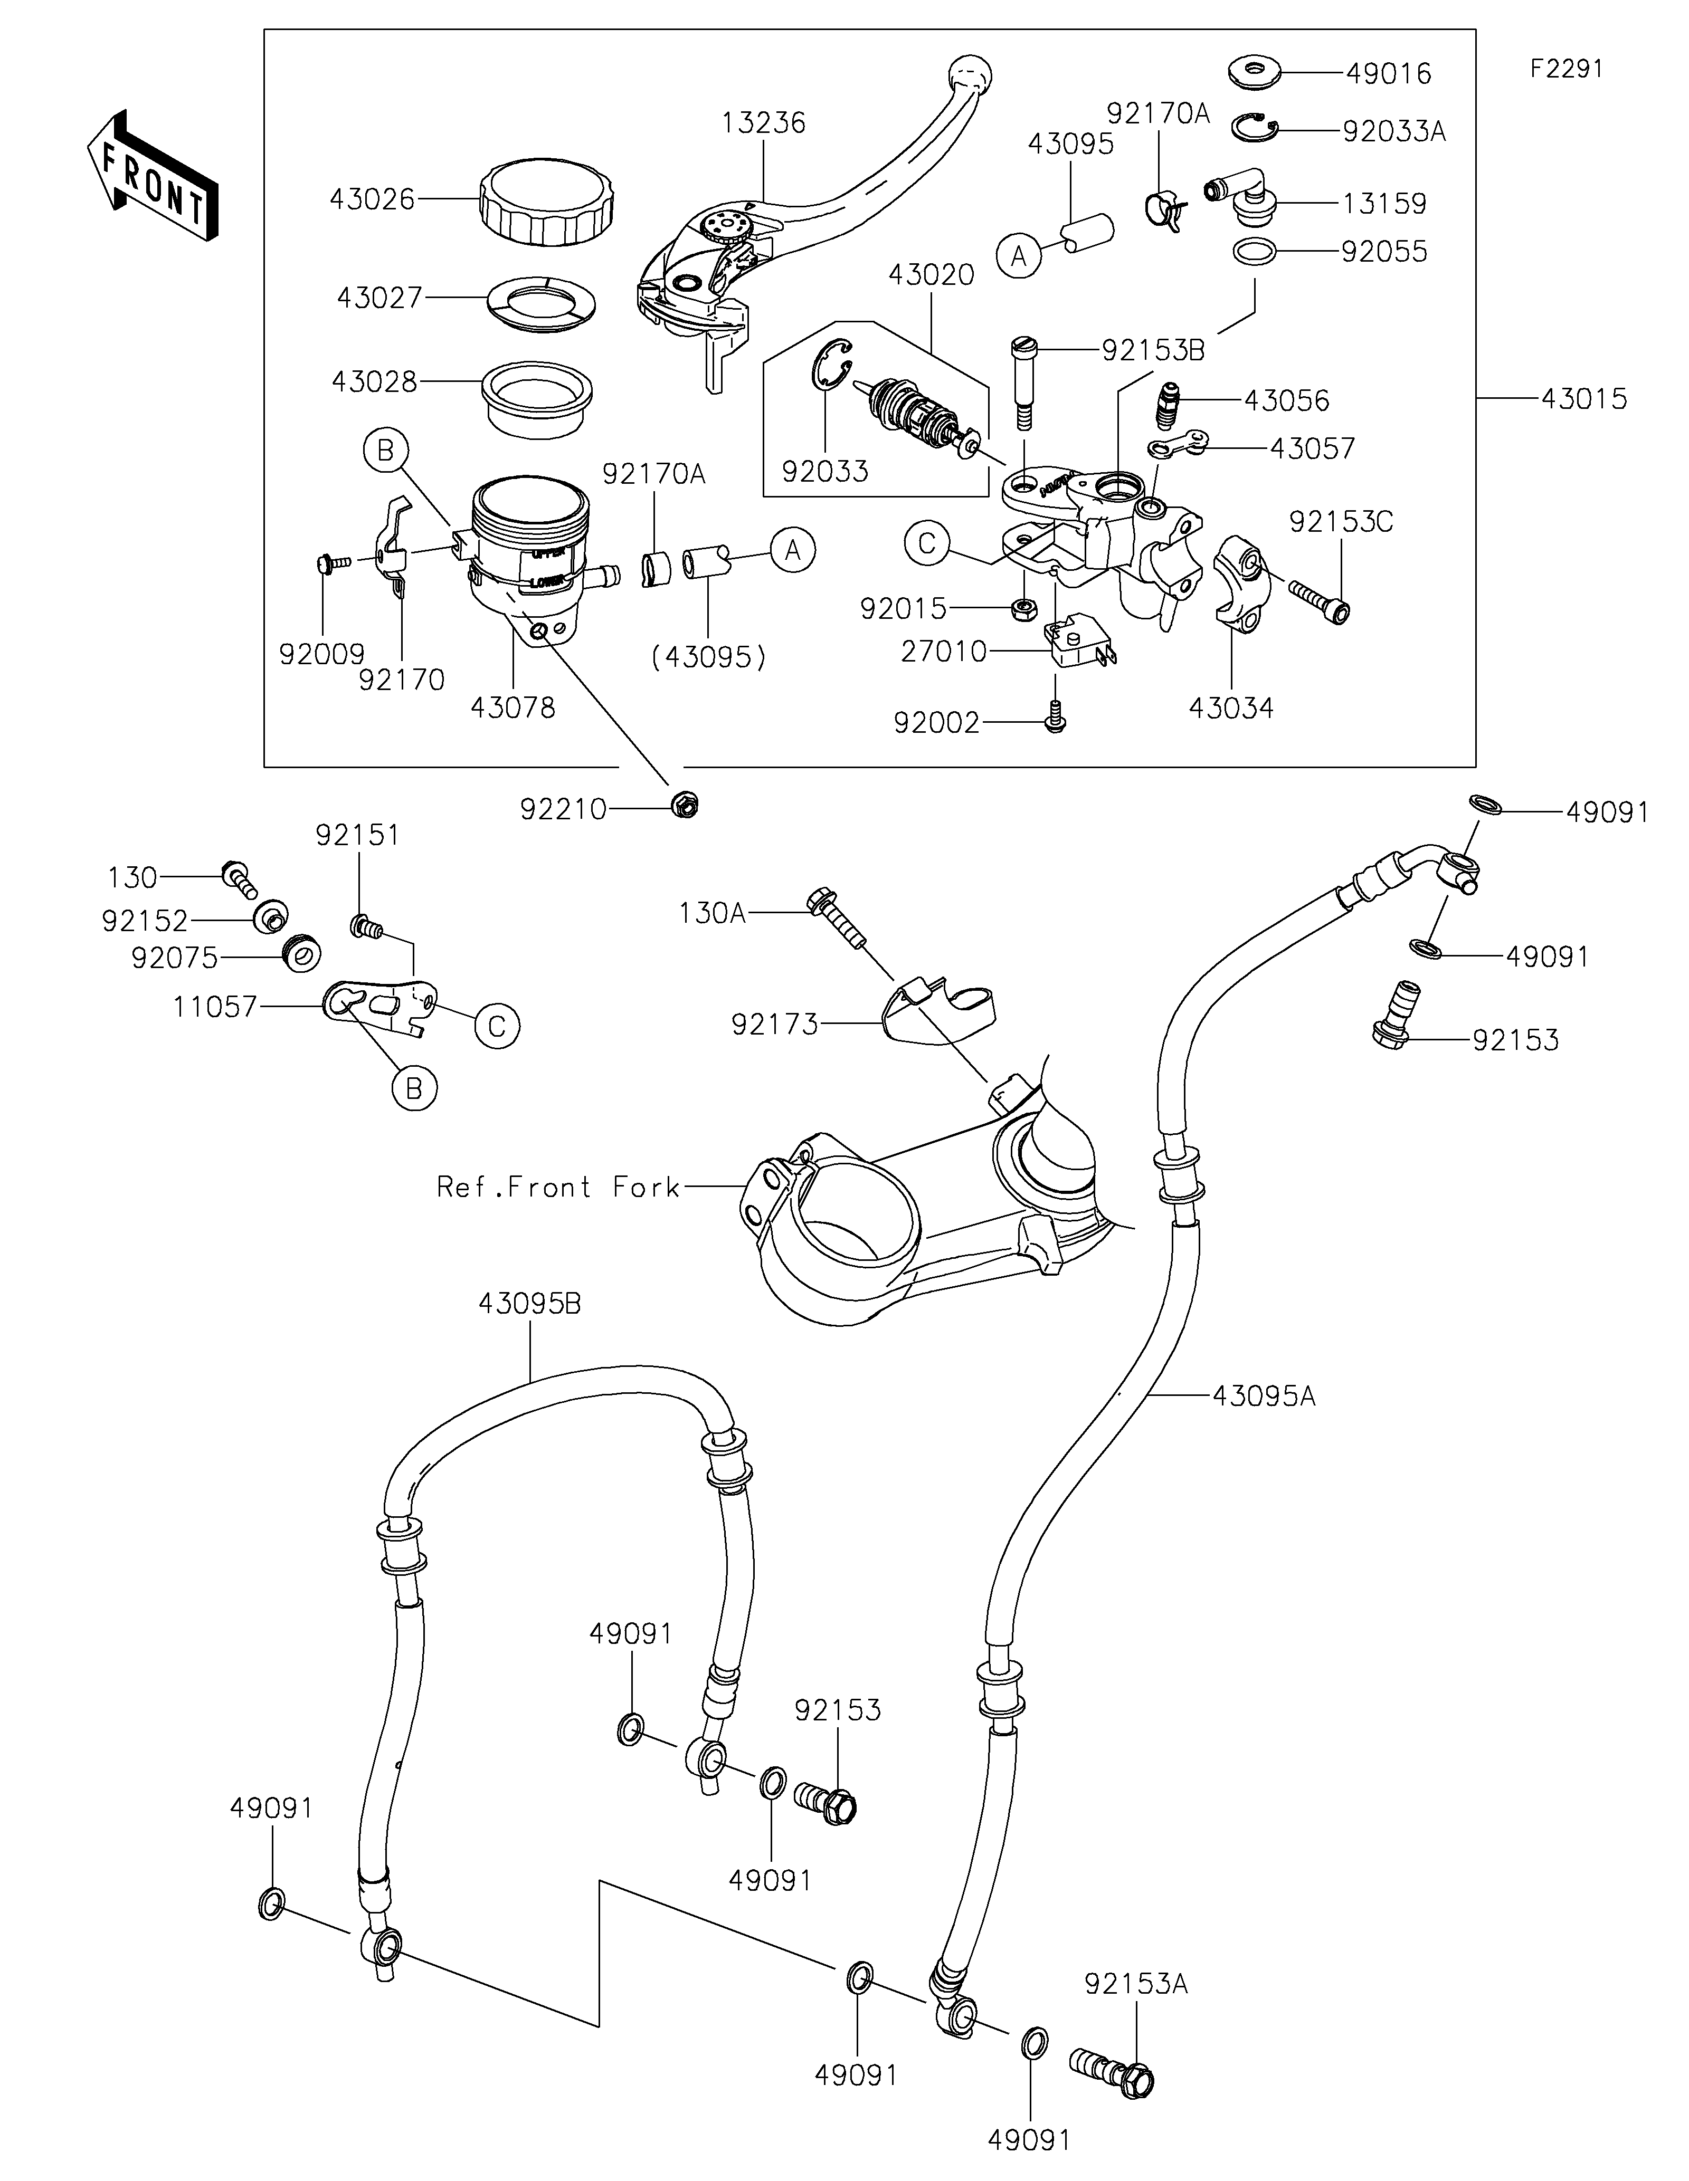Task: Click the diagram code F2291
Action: (1565, 69)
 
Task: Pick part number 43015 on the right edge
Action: (1583, 398)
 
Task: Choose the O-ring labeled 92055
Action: (1255, 252)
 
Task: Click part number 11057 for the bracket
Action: (215, 1007)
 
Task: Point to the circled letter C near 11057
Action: (497, 1025)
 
